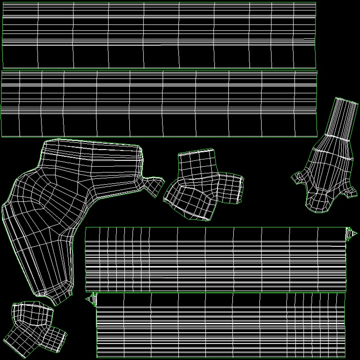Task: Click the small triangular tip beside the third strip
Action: [x=352, y=233]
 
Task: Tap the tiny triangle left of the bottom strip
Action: [x=90, y=299]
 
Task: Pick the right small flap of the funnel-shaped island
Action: [x=350, y=192]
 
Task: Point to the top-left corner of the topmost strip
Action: [x=3, y=3]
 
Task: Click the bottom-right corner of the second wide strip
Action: [x=317, y=136]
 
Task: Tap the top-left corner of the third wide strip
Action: [x=86, y=228]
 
